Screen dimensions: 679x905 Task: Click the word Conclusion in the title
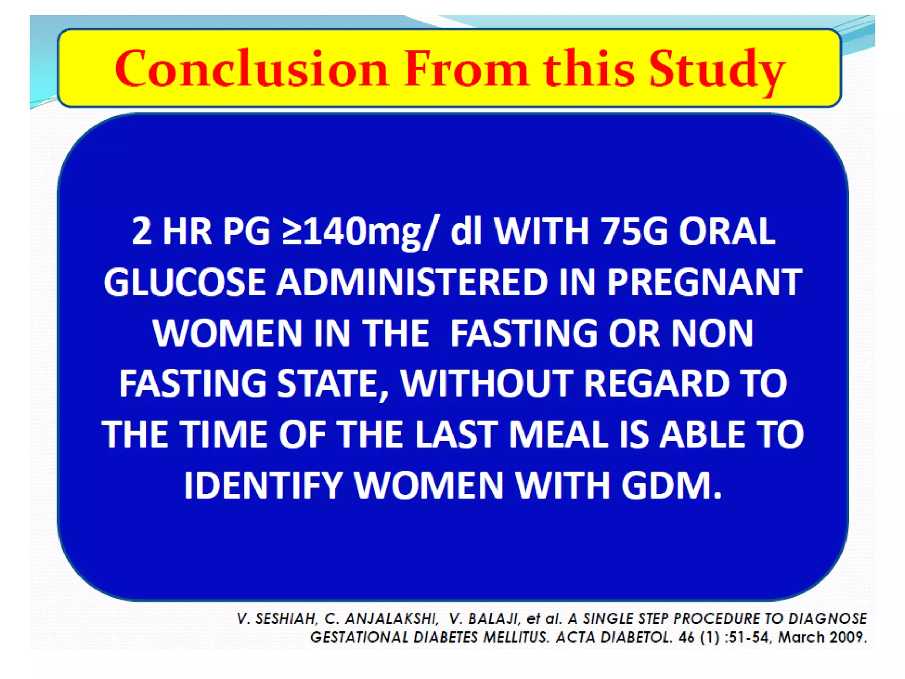pos(251,69)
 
